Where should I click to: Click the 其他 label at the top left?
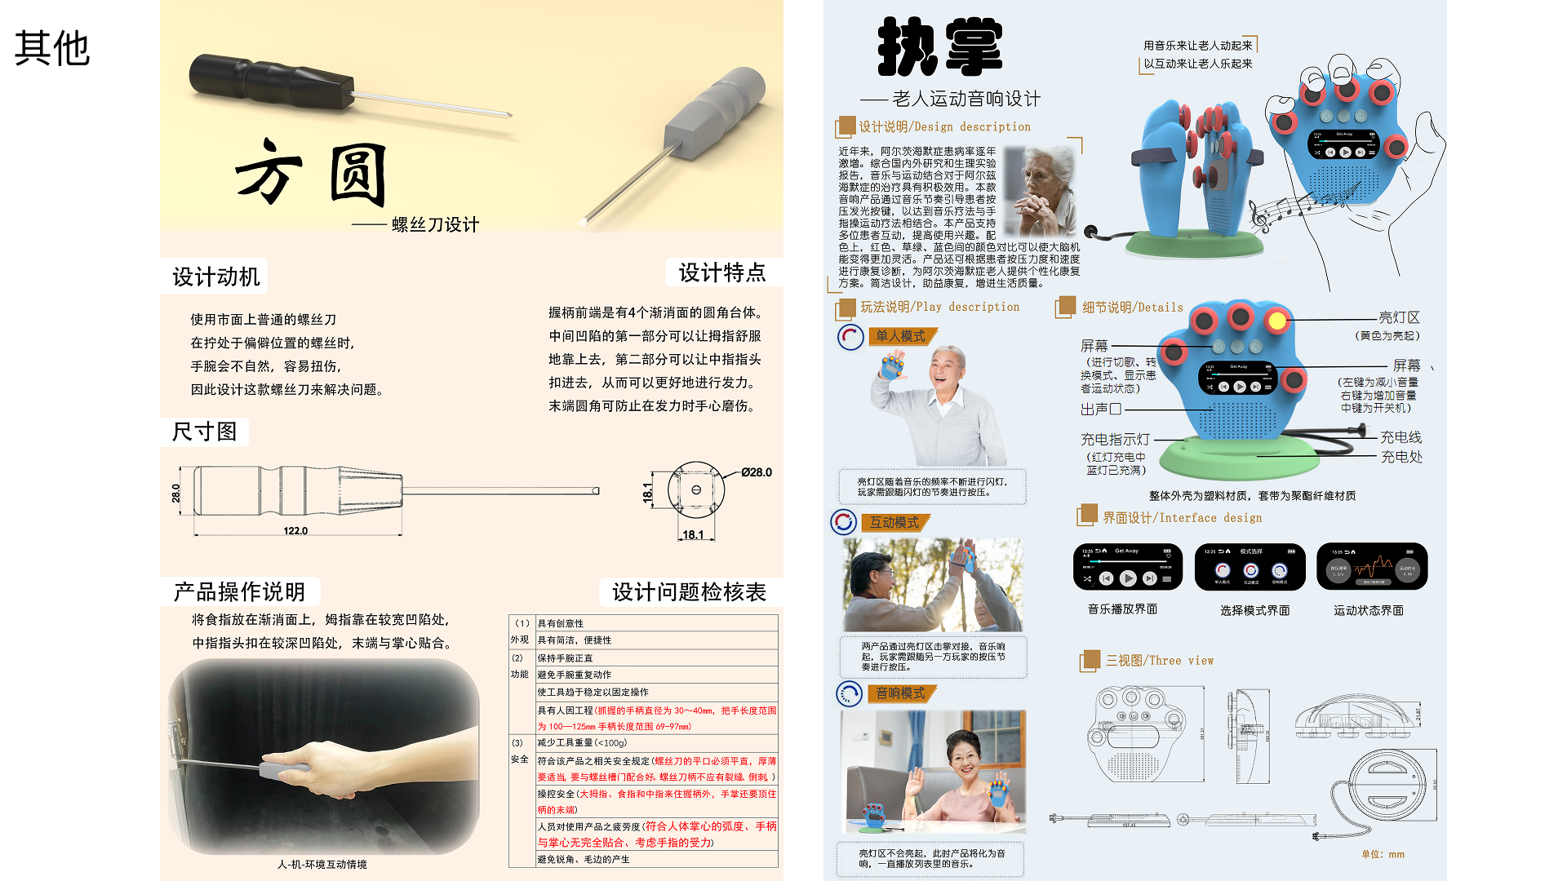point(51,49)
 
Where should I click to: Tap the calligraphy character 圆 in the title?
point(358,175)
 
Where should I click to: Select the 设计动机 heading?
point(215,277)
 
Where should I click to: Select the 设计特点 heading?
point(722,272)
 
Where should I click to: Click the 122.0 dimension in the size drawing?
point(295,531)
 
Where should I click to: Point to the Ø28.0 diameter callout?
point(756,472)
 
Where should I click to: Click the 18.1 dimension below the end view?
point(693,535)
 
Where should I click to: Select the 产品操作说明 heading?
point(239,592)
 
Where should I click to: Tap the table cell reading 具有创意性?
point(561,623)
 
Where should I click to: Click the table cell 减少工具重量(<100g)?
point(581,743)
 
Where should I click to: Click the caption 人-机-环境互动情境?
point(322,864)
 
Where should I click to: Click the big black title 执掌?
point(939,48)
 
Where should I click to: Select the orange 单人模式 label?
point(900,336)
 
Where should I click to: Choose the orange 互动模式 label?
point(894,522)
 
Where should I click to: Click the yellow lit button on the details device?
point(1276,321)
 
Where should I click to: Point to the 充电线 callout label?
point(1401,437)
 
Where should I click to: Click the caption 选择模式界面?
point(1254,610)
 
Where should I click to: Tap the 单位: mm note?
point(1383,854)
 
